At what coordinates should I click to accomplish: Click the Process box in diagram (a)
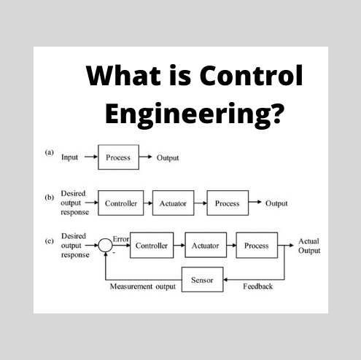[x=117, y=157]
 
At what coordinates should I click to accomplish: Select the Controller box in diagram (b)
[x=120, y=203]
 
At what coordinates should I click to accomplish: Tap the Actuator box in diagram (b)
[x=174, y=203]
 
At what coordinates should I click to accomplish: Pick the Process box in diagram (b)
[x=227, y=203]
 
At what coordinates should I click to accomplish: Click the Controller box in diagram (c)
[x=152, y=246]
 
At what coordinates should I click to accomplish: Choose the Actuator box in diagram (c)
[x=205, y=246]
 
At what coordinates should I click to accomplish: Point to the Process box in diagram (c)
[x=256, y=246]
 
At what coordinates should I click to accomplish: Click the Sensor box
[x=202, y=280]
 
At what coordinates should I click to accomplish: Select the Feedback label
[x=257, y=286]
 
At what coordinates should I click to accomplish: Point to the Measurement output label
[x=143, y=287]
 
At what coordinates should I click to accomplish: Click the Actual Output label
[x=308, y=246]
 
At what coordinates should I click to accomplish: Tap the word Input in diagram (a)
[x=70, y=157]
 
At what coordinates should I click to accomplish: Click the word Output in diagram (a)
[x=168, y=157]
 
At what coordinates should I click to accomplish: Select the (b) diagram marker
[x=50, y=197]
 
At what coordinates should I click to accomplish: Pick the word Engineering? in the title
[x=194, y=114]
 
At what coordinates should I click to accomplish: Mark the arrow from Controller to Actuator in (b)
[x=147, y=203]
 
